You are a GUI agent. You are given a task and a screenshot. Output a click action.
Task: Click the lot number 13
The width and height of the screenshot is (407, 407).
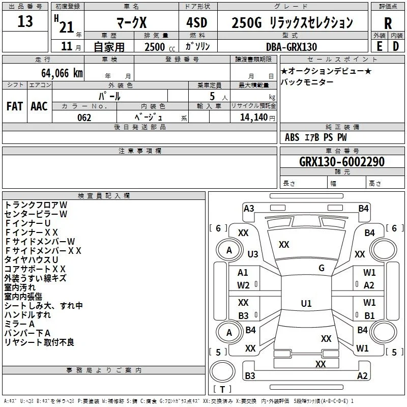click(25, 21)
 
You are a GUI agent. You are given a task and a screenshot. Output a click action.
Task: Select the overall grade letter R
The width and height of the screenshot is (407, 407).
click(388, 23)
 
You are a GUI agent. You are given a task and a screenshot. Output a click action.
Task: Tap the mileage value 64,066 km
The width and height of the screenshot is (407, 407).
click(62, 73)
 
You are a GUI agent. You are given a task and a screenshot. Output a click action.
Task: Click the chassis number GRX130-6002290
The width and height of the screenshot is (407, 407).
click(341, 161)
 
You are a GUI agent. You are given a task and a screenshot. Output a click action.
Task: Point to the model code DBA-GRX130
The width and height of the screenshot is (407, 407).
click(292, 47)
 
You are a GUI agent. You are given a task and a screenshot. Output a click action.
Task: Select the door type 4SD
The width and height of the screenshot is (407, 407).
click(197, 22)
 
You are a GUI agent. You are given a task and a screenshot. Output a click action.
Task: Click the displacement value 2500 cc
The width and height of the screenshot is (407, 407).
click(160, 47)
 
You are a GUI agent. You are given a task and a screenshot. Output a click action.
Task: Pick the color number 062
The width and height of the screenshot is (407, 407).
click(84, 118)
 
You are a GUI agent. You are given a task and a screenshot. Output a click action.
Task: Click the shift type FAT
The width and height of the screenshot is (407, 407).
click(15, 106)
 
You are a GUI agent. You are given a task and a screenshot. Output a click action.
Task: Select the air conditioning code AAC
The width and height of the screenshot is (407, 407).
click(39, 106)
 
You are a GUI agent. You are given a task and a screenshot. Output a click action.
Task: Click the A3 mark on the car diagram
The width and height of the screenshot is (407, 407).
click(249, 209)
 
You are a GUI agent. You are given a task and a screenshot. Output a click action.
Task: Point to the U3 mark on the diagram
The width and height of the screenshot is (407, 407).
click(253, 254)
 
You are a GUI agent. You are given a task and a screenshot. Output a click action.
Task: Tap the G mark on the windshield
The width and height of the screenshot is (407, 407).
click(322, 268)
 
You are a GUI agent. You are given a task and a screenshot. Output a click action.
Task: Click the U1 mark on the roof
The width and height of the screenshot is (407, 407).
click(306, 303)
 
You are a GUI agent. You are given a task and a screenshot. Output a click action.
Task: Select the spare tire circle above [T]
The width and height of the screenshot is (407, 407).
click(222, 371)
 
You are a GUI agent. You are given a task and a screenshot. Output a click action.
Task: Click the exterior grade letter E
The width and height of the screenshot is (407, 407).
click(379, 46)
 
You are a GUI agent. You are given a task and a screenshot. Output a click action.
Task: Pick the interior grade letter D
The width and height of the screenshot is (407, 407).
click(396, 46)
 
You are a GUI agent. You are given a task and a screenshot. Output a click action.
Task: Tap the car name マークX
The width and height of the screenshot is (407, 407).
click(132, 22)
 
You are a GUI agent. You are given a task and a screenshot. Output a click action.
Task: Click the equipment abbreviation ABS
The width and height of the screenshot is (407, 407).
click(292, 137)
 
